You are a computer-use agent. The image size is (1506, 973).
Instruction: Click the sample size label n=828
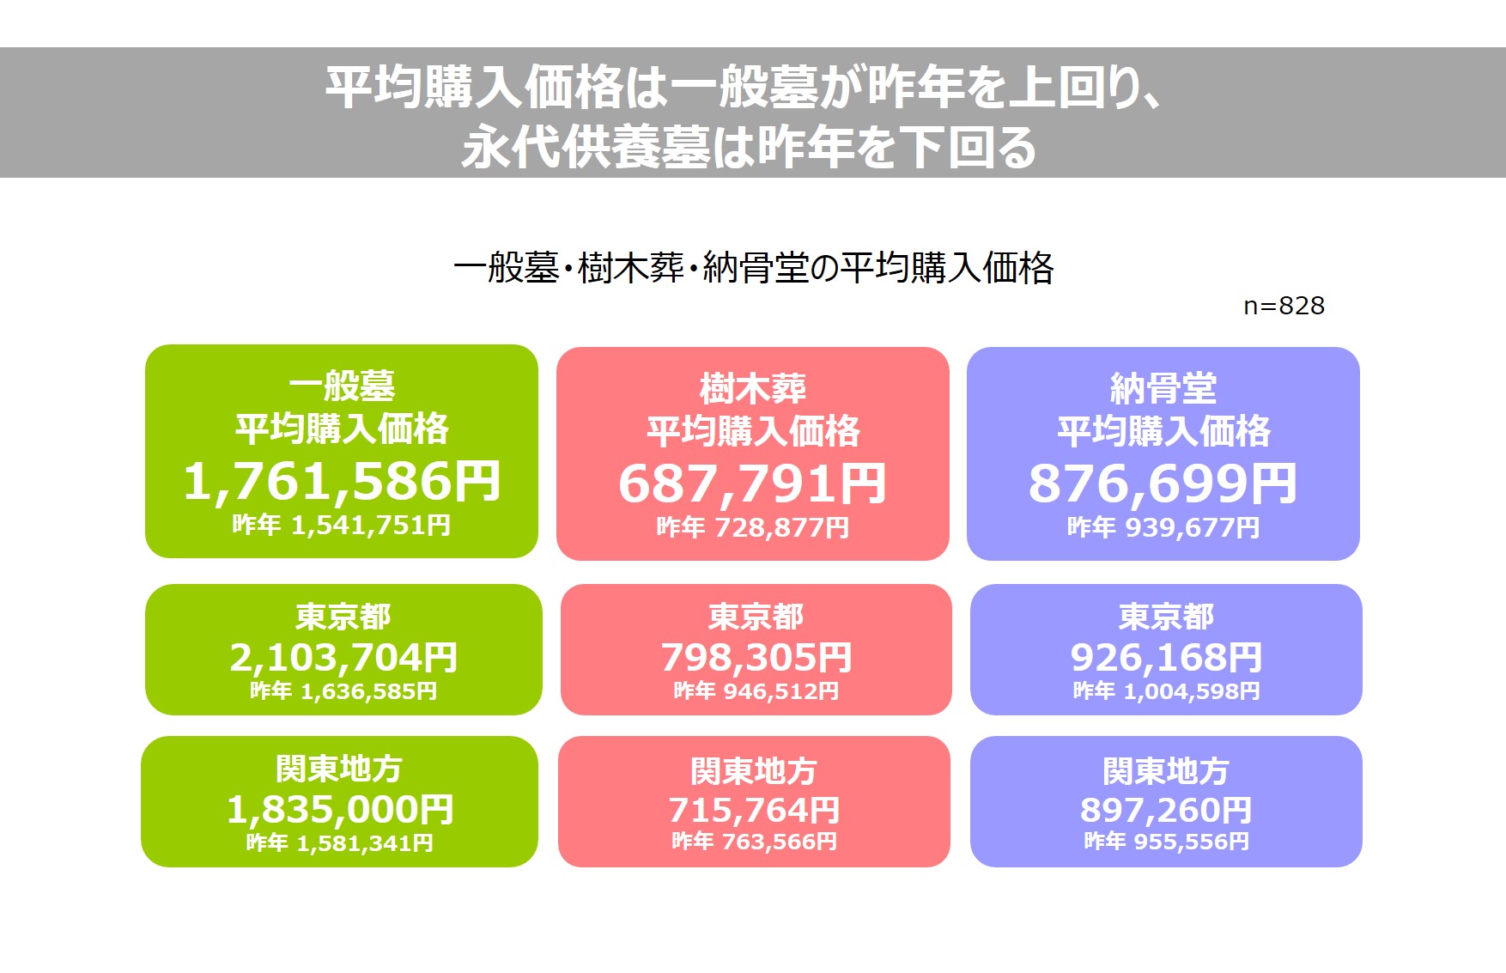[x=1284, y=306]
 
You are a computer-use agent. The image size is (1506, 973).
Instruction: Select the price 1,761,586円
[x=342, y=481]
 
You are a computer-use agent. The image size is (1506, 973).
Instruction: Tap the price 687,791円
[x=752, y=483]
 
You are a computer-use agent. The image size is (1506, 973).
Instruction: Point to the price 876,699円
[x=1163, y=483]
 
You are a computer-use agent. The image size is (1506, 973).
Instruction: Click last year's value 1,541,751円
[x=371, y=525]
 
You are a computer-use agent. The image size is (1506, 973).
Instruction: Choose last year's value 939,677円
[x=1193, y=527]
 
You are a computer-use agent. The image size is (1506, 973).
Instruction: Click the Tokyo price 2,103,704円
[x=343, y=658]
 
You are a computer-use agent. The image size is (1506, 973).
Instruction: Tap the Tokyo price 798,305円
[x=756, y=658]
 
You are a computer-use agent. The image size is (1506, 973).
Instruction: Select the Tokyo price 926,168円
[x=1166, y=658]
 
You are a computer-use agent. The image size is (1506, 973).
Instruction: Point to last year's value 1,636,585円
[x=368, y=691]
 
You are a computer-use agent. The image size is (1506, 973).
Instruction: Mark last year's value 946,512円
[x=781, y=691]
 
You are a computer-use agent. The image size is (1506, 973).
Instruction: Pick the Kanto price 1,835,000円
[x=340, y=810]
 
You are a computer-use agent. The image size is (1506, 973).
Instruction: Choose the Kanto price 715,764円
[x=754, y=811]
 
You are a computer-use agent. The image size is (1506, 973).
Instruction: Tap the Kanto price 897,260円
[x=1166, y=811]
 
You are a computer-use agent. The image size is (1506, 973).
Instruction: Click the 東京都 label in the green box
[x=343, y=617]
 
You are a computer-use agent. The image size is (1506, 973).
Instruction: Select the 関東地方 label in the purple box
[x=1166, y=771]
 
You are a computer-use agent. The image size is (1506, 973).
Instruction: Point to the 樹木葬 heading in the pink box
[x=753, y=389]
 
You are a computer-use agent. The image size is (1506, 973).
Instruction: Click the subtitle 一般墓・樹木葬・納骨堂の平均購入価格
[x=753, y=268]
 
